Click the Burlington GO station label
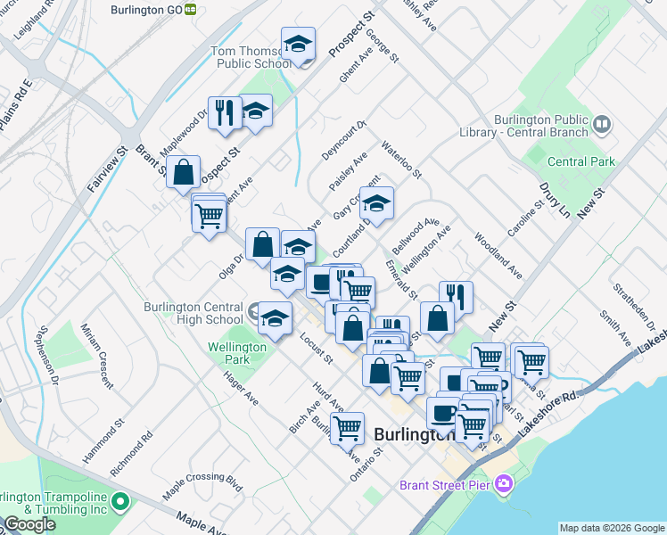click(146, 9)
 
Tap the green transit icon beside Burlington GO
click(192, 9)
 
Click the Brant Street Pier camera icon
click(505, 484)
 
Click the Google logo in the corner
click(29, 524)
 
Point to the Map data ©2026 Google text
click(612, 528)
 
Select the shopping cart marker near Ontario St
click(347, 427)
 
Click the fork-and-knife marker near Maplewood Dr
click(225, 111)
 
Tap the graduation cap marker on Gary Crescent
click(376, 203)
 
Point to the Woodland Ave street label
click(498, 255)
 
